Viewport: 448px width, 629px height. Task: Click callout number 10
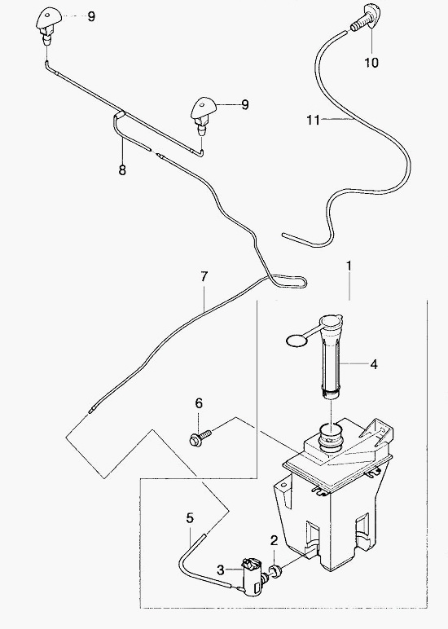[371, 62]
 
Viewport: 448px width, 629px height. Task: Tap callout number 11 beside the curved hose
[314, 120]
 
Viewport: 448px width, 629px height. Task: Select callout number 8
[122, 169]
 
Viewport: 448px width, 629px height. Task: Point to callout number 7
[204, 277]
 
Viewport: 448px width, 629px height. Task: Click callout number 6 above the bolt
[199, 402]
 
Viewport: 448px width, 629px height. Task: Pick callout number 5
[190, 518]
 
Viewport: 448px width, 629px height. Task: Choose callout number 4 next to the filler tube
[373, 364]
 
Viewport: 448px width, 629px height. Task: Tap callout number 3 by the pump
[221, 570]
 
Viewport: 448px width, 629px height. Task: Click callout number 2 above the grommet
[274, 540]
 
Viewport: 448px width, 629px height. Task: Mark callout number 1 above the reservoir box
[349, 266]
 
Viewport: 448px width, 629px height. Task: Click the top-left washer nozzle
[49, 25]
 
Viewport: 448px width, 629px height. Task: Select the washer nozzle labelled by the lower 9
[204, 116]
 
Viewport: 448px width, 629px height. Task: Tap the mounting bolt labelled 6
[200, 438]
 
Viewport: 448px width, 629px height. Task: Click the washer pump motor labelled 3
[252, 577]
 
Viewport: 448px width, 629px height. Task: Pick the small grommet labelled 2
[275, 571]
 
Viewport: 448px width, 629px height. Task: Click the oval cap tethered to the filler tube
[296, 341]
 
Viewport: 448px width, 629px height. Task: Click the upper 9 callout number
[91, 17]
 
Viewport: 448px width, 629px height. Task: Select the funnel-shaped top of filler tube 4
[331, 322]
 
